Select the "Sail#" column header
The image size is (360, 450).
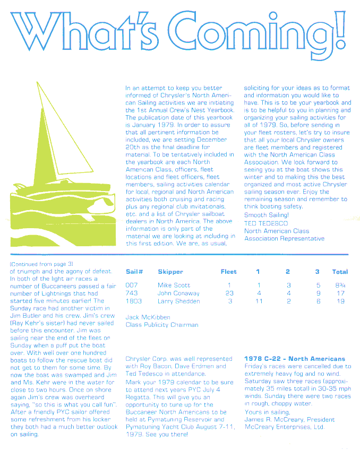point(133,272)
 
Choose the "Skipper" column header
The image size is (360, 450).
point(170,272)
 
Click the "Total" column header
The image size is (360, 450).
point(340,272)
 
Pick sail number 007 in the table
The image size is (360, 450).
point(132,285)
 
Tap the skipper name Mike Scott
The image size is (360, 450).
point(174,285)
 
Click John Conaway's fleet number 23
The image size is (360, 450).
point(229,293)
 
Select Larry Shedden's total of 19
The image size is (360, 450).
point(340,301)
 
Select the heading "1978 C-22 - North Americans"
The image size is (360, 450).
point(294,359)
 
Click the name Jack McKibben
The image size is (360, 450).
point(148,317)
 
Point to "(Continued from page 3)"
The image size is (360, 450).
point(41,263)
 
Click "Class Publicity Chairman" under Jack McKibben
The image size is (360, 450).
point(161,325)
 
